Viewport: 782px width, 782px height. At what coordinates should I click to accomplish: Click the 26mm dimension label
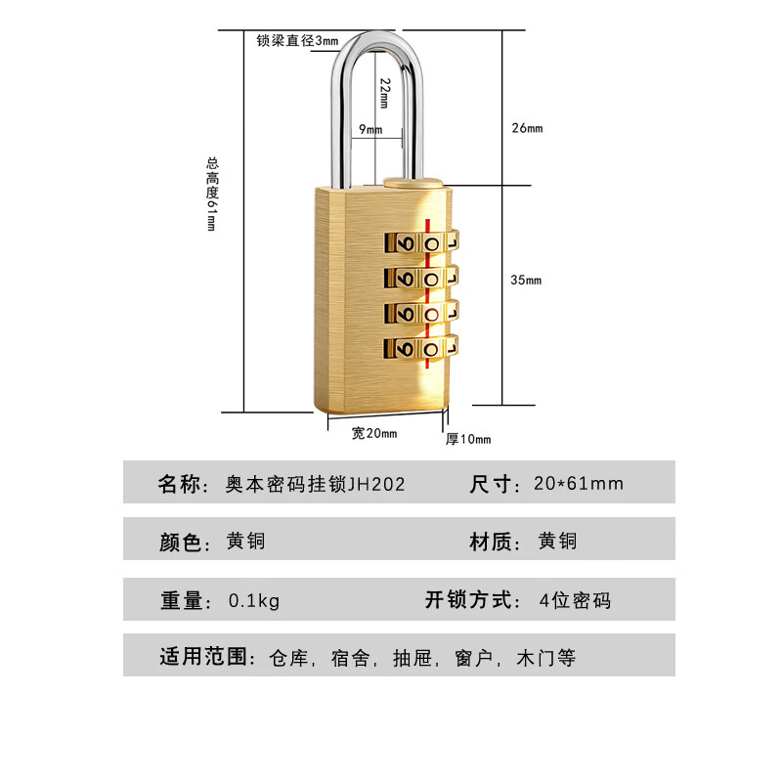click(526, 128)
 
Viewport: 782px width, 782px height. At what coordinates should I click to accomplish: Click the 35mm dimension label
click(526, 281)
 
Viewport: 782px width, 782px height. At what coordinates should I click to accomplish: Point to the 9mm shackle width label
click(370, 129)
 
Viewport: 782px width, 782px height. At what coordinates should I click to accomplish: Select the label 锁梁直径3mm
click(296, 41)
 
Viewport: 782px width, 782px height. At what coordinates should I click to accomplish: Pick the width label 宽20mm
click(374, 433)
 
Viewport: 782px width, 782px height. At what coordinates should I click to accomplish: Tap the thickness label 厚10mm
click(468, 439)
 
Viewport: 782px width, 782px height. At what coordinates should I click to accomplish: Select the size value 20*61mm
click(579, 483)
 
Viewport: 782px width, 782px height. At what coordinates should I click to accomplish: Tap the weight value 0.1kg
click(253, 600)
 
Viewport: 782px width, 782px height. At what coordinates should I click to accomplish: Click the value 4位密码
click(575, 600)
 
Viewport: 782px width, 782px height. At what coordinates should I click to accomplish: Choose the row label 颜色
click(179, 542)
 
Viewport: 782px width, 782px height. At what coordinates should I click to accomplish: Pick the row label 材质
click(494, 542)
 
